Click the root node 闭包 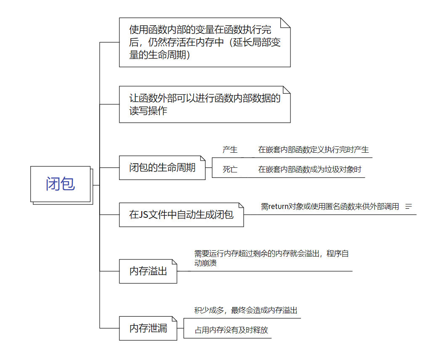(x=61, y=184)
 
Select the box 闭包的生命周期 (x=162, y=167)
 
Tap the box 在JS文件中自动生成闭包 (x=181, y=215)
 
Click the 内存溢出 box (x=148, y=271)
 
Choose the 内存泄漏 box (x=148, y=328)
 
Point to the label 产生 (x=230, y=150)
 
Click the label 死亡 (x=230, y=169)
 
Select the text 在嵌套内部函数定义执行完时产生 (x=313, y=150)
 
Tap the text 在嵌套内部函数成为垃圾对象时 (x=309, y=169)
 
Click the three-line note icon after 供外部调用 (x=409, y=206)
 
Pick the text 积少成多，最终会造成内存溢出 (x=246, y=310)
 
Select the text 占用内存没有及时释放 (x=231, y=330)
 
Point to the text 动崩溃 (x=206, y=263)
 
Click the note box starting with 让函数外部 (x=205, y=104)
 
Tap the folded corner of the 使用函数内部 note (x=285, y=23)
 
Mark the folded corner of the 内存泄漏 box (x=174, y=319)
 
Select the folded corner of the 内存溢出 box (x=174, y=262)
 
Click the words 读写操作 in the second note (x=148, y=111)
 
